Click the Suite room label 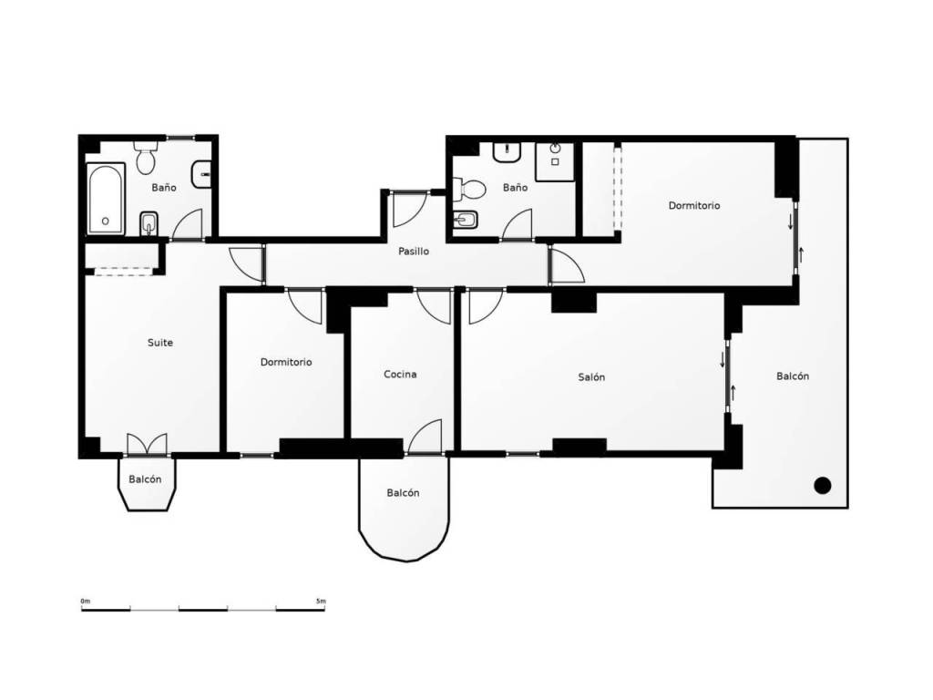(x=160, y=343)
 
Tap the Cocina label (x=400, y=374)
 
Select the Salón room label (x=591, y=376)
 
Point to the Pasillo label (x=414, y=252)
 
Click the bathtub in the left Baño (x=106, y=200)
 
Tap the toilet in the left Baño (x=145, y=157)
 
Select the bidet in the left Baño (x=149, y=224)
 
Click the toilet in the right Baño (x=469, y=190)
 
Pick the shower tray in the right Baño (x=555, y=161)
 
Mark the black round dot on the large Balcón (x=823, y=486)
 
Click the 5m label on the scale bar (x=322, y=602)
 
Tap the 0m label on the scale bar (x=85, y=602)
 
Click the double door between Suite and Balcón (x=147, y=444)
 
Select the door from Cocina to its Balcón (x=425, y=437)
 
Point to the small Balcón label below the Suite (x=145, y=479)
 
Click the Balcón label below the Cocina (x=403, y=493)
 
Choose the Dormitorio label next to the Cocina (x=286, y=362)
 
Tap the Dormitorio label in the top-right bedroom (x=694, y=205)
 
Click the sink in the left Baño (x=201, y=175)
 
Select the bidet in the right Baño (x=465, y=221)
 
